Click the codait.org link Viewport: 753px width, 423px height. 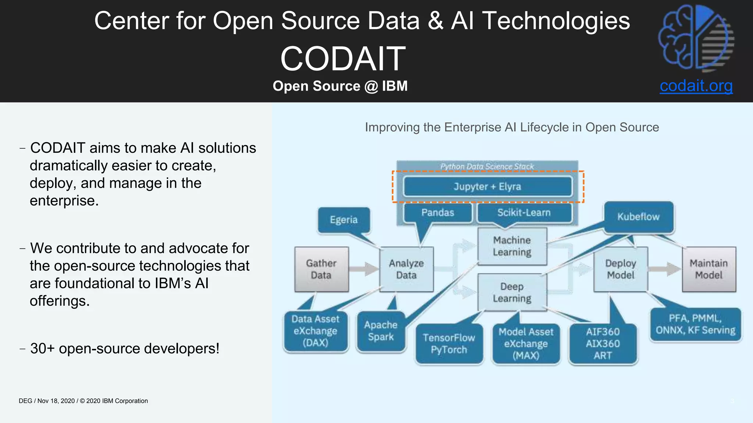(x=696, y=86)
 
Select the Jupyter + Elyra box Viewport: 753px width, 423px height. (x=488, y=187)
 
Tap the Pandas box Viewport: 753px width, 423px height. (x=438, y=213)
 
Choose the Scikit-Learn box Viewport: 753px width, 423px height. (x=524, y=213)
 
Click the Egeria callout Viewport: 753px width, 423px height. (x=344, y=220)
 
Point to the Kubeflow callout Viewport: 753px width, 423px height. (x=638, y=217)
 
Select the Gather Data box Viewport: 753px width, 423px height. (x=321, y=269)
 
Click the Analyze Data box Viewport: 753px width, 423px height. (x=406, y=269)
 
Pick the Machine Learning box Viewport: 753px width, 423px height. (x=512, y=246)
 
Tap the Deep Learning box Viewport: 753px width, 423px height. (x=512, y=292)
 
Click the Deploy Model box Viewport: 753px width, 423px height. (x=621, y=269)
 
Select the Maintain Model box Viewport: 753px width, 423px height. (x=709, y=269)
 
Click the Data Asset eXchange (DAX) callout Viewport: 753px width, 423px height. (x=315, y=331)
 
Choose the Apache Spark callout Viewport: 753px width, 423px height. (x=381, y=331)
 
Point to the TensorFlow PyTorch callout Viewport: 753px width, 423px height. (x=449, y=343)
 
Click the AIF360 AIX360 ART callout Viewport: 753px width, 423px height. (x=603, y=343)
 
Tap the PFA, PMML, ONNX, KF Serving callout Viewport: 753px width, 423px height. (x=695, y=324)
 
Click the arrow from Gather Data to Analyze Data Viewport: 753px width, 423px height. (x=364, y=269)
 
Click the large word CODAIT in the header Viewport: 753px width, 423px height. (x=343, y=59)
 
